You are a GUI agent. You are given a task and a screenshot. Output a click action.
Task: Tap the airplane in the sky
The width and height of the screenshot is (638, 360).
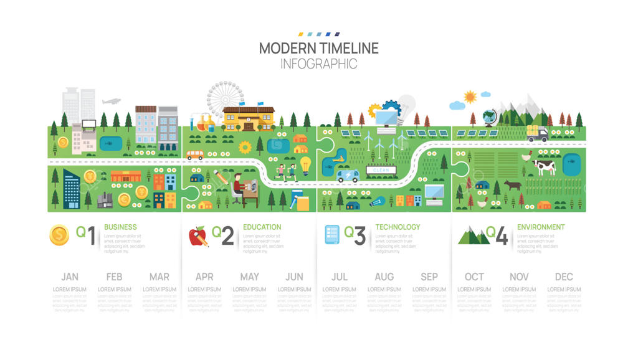(111, 101)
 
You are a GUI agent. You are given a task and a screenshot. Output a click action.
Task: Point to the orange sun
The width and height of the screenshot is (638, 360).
(470, 97)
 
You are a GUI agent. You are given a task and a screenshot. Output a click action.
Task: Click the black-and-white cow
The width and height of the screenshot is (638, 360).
(543, 166)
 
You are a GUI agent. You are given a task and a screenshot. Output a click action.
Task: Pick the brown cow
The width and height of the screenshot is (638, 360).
(512, 184)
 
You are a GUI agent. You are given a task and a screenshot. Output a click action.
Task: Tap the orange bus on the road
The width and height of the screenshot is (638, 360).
(194, 154)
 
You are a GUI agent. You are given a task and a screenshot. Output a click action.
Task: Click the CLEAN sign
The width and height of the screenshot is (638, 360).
(381, 169)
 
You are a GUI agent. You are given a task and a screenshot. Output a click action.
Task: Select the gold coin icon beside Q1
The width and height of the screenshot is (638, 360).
(59, 235)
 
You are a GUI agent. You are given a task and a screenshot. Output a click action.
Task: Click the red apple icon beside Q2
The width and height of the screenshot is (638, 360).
(198, 236)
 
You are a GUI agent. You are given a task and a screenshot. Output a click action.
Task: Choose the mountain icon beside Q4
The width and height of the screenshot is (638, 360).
(474, 236)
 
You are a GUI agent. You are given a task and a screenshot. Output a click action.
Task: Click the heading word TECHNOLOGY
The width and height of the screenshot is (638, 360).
(398, 227)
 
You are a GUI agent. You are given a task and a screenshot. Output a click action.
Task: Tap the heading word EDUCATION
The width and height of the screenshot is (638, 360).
(262, 227)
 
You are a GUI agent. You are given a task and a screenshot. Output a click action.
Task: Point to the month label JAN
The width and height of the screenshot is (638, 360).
(70, 277)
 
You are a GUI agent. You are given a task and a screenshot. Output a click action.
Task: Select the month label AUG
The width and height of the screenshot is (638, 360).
(384, 277)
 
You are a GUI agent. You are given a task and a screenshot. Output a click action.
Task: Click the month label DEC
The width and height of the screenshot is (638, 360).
(564, 277)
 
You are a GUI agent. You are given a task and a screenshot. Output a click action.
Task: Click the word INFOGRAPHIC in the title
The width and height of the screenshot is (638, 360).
(318, 64)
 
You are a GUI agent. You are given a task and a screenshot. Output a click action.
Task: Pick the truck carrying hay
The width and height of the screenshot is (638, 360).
(536, 133)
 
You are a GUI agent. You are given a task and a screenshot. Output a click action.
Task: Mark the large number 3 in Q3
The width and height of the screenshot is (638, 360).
(359, 236)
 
